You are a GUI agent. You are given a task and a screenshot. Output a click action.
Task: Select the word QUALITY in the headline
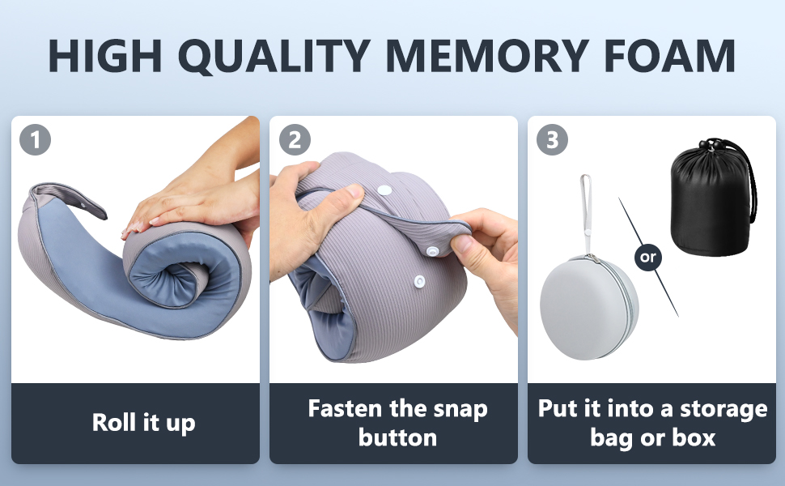[274, 56]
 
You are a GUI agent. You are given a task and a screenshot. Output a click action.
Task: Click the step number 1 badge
[35, 139]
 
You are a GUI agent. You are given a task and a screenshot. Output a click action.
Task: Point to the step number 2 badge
[295, 139]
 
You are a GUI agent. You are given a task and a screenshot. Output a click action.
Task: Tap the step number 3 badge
[552, 139]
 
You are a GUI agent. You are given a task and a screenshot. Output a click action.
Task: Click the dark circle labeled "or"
[647, 258]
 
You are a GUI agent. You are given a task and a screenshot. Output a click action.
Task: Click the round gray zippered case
[589, 307]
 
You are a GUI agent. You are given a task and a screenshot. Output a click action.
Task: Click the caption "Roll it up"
[144, 423]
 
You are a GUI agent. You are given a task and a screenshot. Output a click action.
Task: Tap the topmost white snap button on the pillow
[384, 190]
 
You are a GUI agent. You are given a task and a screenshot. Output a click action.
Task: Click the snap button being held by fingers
[432, 250]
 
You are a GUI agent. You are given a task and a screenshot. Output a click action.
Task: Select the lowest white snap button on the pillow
[419, 282]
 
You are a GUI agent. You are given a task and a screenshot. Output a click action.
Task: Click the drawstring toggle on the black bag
[710, 145]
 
